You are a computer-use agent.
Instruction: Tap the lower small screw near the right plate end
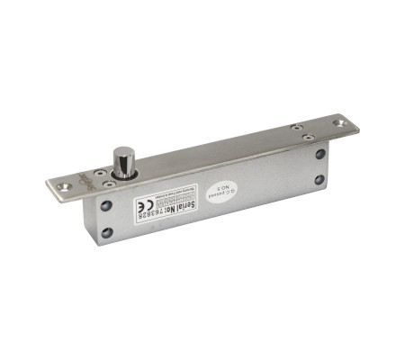click(309, 139)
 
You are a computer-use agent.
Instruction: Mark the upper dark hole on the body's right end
click(319, 155)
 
